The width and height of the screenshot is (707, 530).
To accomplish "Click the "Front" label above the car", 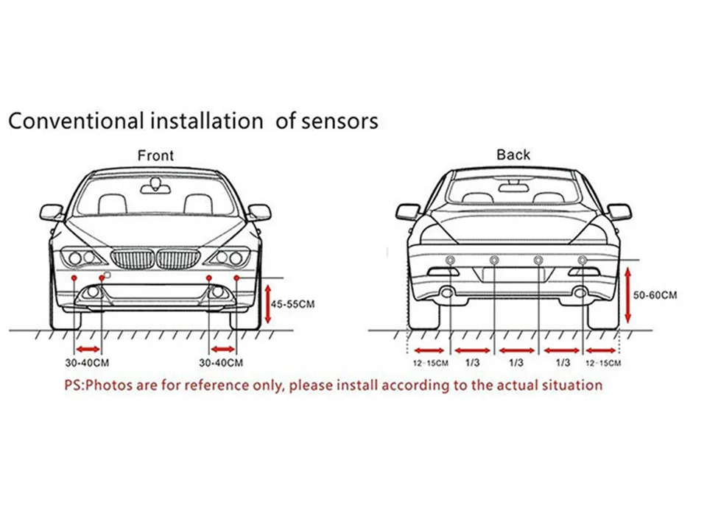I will coord(155,155).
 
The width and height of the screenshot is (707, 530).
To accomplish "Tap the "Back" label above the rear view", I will coord(513,155).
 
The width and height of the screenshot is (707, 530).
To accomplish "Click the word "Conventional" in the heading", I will coord(74,120).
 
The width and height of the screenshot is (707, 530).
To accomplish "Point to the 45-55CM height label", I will coord(292,303).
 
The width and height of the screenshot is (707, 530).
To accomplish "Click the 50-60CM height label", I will coord(655,294).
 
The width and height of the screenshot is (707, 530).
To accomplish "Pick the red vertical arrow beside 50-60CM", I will coord(627,294).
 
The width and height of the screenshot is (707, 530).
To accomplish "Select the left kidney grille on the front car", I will coord(133,258).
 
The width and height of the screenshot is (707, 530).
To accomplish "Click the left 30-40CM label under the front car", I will coord(87,363).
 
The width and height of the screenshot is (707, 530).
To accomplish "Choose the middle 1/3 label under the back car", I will coord(516,362).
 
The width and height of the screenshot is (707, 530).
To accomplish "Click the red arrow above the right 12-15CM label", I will coord(602,350).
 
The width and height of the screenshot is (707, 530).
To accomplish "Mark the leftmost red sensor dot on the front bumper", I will coord(74,278).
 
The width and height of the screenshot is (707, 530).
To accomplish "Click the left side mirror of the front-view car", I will coord(52,213).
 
